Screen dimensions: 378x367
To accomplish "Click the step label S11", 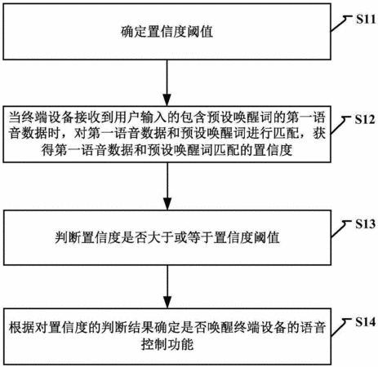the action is tap(366, 20).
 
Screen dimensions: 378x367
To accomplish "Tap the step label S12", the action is tap(365, 119).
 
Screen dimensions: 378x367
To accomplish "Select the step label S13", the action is tap(365, 224).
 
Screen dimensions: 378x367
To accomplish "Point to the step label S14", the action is tap(365, 322).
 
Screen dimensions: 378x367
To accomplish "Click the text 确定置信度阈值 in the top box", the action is tap(167, 31).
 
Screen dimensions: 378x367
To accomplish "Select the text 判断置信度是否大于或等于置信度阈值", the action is tap(167, 237).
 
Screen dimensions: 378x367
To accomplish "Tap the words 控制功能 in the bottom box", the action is tap(167, 344).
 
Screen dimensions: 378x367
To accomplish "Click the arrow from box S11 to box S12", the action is tap(167, 82).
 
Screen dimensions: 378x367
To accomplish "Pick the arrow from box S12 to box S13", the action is tap(167, 186).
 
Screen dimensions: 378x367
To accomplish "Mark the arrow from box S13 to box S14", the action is tap(167, 286).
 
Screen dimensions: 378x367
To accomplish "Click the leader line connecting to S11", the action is tap(340, 24).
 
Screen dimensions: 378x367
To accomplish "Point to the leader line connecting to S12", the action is tap(340, 125).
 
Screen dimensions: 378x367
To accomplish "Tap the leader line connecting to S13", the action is tap(340, 229).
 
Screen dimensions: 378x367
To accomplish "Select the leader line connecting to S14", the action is tap(340, 327).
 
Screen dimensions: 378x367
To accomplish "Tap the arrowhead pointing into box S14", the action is tap(167, 302).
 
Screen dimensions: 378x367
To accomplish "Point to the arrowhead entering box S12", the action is tap(167, 99).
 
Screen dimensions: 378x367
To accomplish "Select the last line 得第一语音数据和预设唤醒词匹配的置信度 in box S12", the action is tap(167, 150).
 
